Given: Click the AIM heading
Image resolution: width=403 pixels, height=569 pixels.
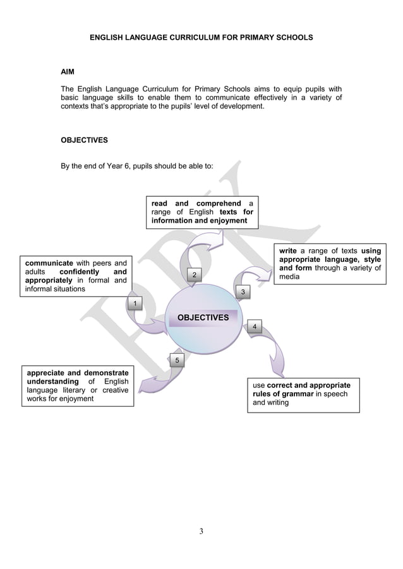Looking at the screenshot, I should click(x=67, y=73).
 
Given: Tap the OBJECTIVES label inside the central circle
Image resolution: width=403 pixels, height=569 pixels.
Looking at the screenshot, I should click(x=203, y=317).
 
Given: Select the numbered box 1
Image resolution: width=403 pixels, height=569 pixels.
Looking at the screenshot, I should click(x=134, y=305).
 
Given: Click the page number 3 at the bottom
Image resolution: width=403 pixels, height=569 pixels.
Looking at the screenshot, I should click(x=201, y=530).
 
